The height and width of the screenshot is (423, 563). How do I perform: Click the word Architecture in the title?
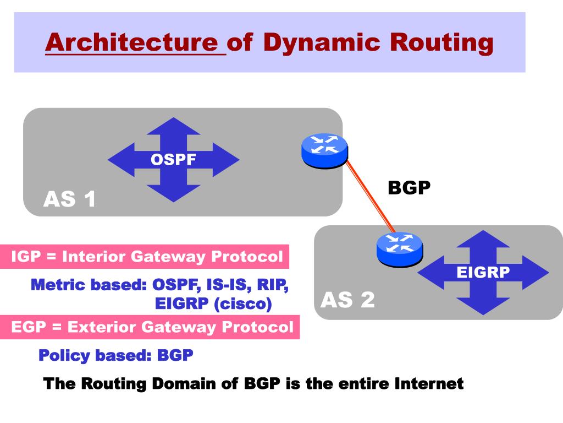[132, 43]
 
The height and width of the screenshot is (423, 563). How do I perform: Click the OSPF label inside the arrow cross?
[173, 160]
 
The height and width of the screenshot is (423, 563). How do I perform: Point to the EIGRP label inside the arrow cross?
[483, 272]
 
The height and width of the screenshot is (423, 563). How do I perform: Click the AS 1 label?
[70, 199]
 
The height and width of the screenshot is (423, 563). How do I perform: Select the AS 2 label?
[347, 300]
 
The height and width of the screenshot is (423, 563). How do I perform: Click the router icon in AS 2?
[400, 248]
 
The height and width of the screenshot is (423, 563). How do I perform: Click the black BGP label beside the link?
[409, 188]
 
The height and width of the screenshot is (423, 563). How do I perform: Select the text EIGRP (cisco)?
[213, 303]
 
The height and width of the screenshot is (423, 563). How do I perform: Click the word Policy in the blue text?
[64, 355]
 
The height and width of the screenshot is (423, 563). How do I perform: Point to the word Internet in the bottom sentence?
[429, 383]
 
